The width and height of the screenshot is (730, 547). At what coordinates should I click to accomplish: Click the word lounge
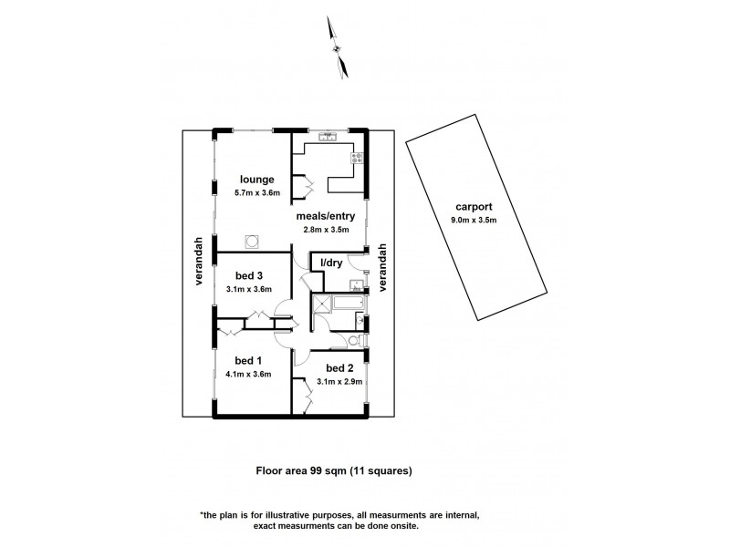pyautogui.click(x=257, y=179)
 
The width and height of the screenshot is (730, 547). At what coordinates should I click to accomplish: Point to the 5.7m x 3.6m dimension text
pyautogui.click(x=256, y=193)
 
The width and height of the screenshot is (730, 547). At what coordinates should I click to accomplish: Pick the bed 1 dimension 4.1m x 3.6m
pyautogui.click(x=246, y=374)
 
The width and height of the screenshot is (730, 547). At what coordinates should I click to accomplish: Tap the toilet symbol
pyautogui.click(x=358, y=341)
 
